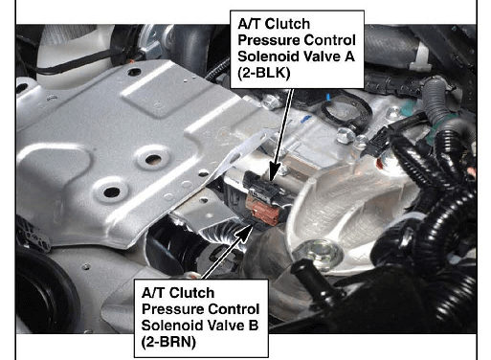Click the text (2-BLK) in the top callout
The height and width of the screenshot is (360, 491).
pyautogui.click(x=264, y=73)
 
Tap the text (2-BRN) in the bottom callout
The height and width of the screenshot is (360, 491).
pyautogui.click(x=168, y=342)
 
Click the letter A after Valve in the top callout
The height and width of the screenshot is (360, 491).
pyautogui.click(x=349, y=56)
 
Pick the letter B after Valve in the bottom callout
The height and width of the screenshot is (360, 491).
pyautogui.click(x=254, y=326)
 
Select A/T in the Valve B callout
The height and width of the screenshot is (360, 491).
pyautogui.click(x=153, y=293)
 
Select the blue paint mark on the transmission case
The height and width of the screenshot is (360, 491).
pyautogui.click(x=305, y=119)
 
